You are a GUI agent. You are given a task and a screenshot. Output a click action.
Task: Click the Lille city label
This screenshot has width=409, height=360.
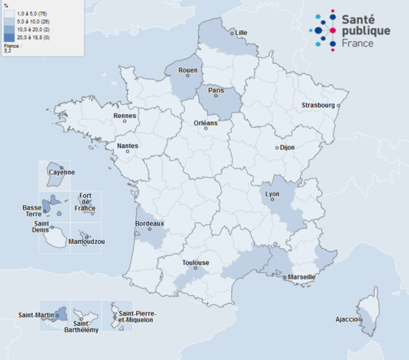tap(241, 33)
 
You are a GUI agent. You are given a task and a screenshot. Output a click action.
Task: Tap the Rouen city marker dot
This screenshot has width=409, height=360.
tap(187, 75)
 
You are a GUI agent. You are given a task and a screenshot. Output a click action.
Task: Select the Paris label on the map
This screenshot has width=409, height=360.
tap(216, 90)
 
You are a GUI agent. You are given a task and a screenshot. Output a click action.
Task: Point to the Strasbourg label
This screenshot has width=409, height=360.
tap(318, 106)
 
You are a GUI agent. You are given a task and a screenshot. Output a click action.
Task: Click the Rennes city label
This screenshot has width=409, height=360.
tap(125, 116)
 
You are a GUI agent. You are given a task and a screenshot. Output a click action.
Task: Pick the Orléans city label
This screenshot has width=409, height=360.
tap(206, 123)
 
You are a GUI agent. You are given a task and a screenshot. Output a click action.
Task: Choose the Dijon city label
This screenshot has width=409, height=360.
tap(287, 148)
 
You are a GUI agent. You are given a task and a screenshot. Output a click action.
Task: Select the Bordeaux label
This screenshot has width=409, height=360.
tap(149, 223)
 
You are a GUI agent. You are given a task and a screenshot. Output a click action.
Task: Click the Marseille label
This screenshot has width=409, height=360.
tap(301, 277)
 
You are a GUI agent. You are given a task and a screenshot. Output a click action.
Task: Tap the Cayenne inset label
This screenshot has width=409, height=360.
tap(62, 172)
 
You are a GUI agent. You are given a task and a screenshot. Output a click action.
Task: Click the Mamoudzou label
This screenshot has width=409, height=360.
tap(87, 241)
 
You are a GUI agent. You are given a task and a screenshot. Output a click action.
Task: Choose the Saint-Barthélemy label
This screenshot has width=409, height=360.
tap(86, 327)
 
